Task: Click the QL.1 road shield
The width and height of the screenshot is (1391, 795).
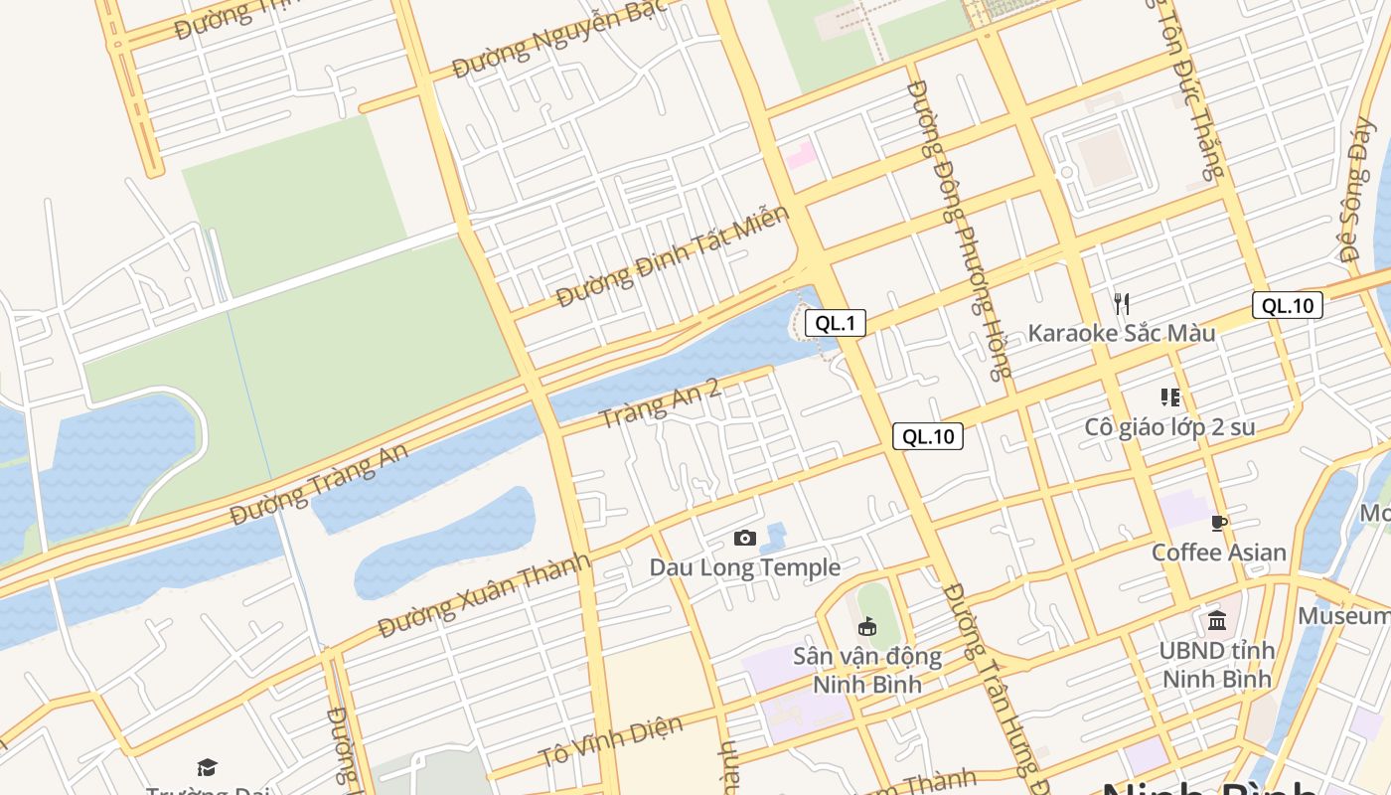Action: coord(835,323)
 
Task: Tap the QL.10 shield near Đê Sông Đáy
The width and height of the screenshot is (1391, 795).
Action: coord(1287,305)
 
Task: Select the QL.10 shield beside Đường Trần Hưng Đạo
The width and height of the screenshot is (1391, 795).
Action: coord(927,436)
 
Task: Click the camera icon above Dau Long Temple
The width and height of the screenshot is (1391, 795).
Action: coord(744,539)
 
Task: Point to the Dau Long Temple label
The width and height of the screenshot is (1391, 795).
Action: coord(744,567)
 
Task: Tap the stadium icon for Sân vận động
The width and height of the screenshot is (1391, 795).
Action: coord(867,626)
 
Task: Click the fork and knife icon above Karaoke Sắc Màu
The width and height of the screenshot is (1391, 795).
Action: coord(1121,303)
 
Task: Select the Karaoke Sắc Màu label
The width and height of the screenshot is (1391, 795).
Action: coord(1121,333)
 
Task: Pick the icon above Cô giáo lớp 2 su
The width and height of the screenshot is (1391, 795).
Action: coord(1170,397)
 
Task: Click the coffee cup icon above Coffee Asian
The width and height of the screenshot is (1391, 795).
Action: coord(1219,524)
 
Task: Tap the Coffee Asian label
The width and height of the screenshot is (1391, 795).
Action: coord(1218,553)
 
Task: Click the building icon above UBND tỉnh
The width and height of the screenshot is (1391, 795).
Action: coord(1217,622)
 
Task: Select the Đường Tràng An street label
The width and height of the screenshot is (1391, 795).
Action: coord(319,485)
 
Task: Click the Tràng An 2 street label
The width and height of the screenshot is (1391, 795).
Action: coord(660,402)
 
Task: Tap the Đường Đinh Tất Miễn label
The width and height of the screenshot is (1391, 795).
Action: coord(673,256)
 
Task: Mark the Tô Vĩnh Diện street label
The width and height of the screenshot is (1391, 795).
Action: coord(611,741)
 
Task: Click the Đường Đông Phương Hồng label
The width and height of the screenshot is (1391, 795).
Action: coord(959,229)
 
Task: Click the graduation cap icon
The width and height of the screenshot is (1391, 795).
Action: coord(207,767)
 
